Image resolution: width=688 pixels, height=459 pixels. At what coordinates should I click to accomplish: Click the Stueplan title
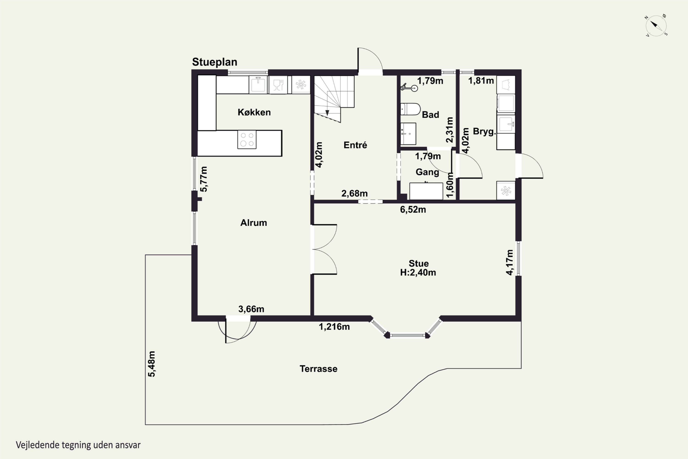pyautogui.click(x=214, y=62)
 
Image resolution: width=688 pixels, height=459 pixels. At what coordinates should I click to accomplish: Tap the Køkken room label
pyautogui.click(x=254, y=112)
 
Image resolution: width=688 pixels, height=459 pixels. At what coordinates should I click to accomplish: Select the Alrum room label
pyautogui.click(x=254, y=223)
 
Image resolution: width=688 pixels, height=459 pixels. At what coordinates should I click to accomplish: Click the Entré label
pyautogui.click(x=355, y=145)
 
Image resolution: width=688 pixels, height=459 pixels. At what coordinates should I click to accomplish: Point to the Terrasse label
pyautogui.click(x=318, y=369)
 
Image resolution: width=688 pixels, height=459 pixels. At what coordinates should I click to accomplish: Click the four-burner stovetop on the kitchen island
pyautogui.click(x=247, y=140)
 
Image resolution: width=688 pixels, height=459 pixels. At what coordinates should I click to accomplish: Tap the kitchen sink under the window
pyautogui.click(x=258, y=85)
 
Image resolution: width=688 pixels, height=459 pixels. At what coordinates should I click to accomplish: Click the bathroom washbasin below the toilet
pyautogui.click(x=408, y=134)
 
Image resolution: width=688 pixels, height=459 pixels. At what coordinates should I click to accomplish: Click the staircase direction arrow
pyautogui.click(x=327, y=112)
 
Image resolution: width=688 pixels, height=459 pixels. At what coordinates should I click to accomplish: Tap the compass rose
pyautogui.click(x=656, y=26)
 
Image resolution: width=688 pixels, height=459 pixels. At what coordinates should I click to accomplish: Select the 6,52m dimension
pyautogui.click(x=413, y=210)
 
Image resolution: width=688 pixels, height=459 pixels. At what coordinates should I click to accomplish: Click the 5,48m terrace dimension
pyautogui.click(x=152, y=364)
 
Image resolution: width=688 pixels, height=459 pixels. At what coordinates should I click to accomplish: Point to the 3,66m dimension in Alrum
pyautogui.click(x=251, y=309)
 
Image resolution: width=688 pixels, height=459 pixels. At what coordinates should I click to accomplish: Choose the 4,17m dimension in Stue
pyautogui.click(x=510, y=262)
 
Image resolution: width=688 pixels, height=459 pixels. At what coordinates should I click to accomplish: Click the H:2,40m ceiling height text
pyautogui.click(x=418, y=273)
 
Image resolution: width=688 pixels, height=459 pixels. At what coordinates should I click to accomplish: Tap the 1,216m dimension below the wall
pyautogui.click(x=334, y=326)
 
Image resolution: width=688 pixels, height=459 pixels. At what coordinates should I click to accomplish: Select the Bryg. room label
pyautogui.click(x=484, y=132)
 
